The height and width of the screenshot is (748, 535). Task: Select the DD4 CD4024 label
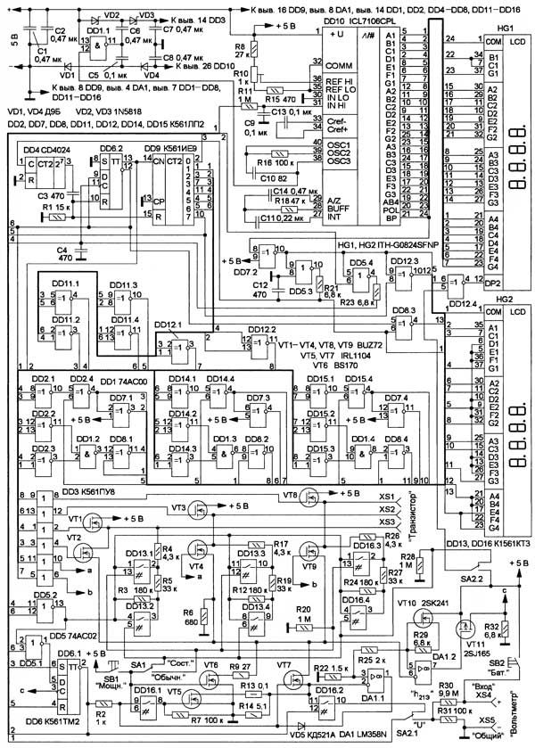point(42,148)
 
